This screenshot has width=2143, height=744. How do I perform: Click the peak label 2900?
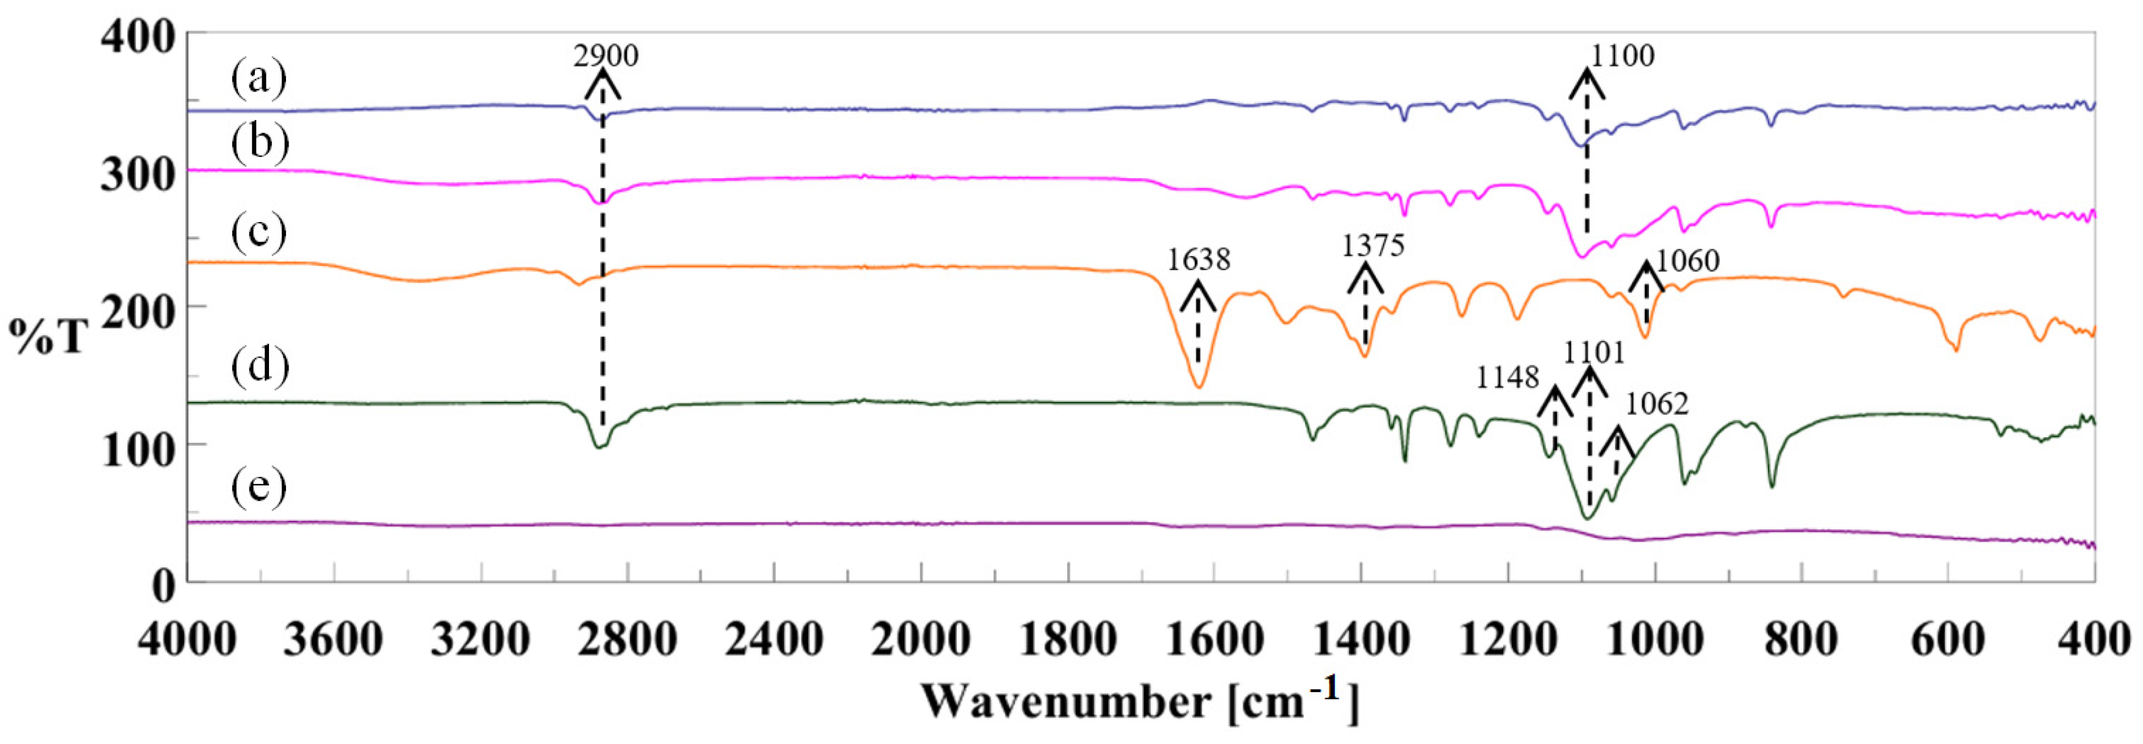(x=606, y=57)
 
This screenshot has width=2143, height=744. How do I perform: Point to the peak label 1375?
(x=1373, y=246)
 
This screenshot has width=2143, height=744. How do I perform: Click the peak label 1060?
(x=1687, y=262)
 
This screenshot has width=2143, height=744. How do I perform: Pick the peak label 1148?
(x=1508, y=379)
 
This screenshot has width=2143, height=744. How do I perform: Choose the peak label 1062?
(x=1657, y=404)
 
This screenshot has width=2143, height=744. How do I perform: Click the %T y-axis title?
(x=48, y=337)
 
